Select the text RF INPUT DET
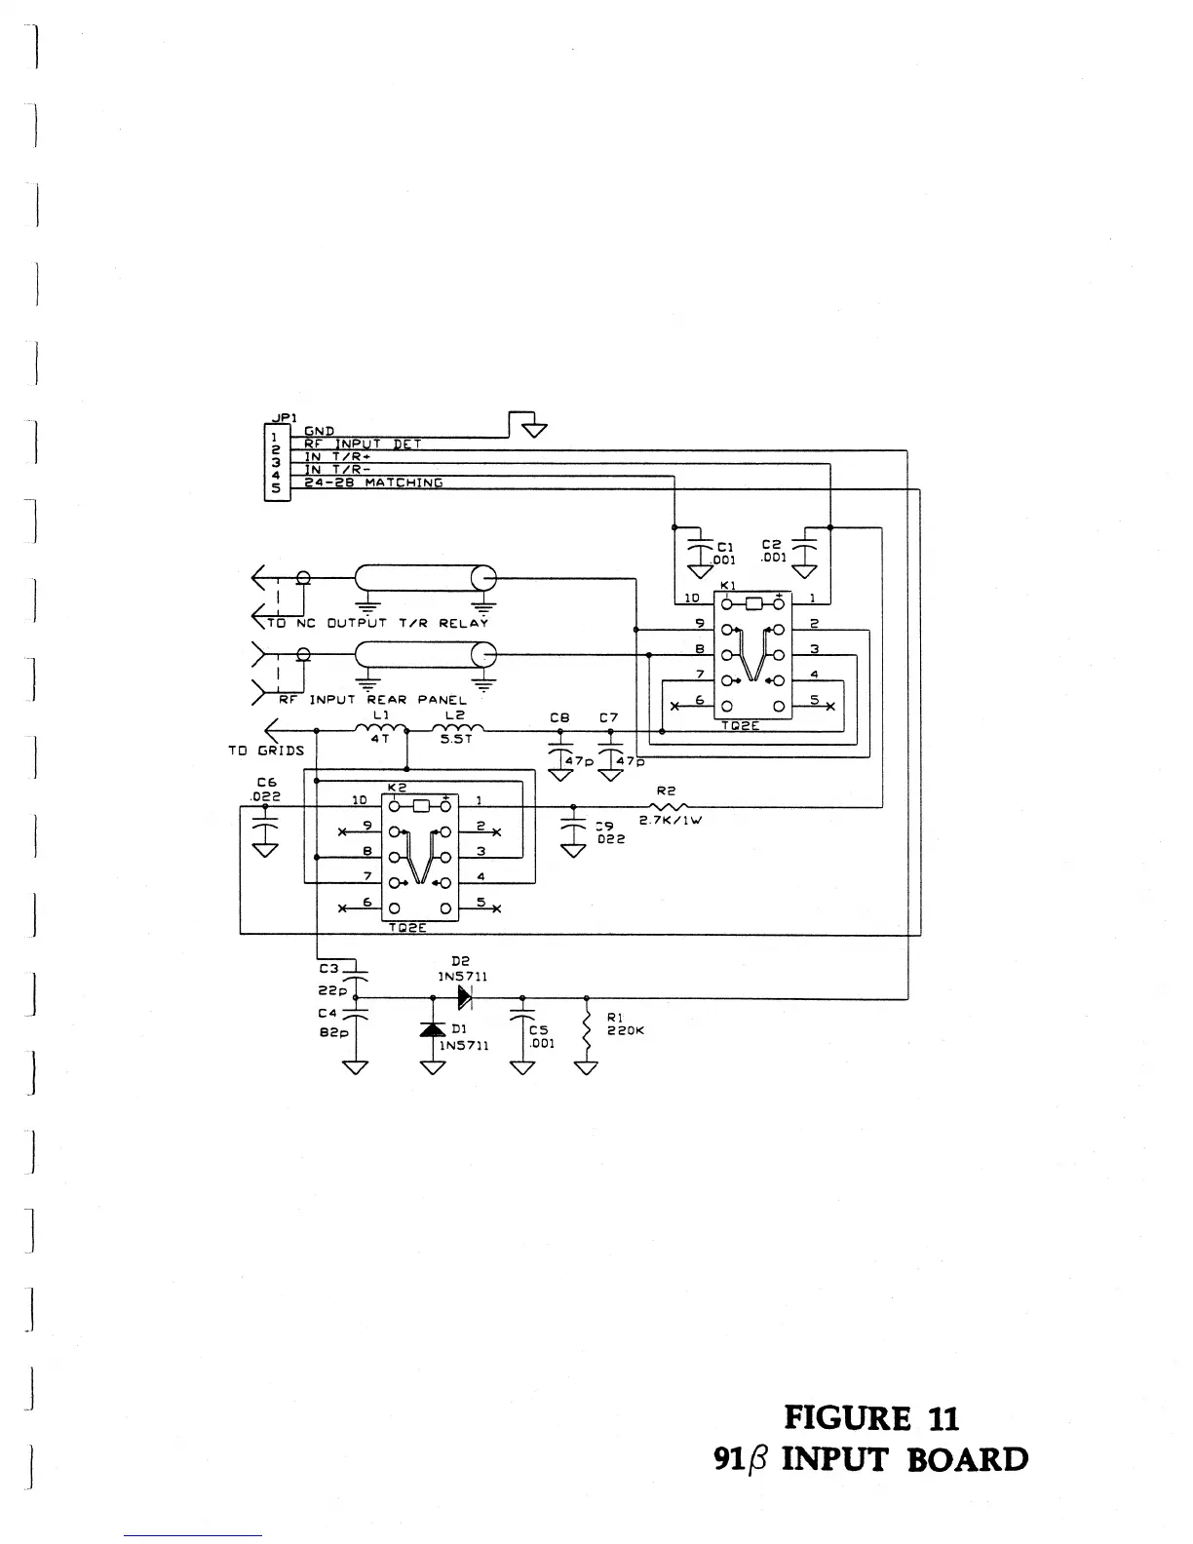pos(363,444)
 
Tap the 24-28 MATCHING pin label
pos(374,482)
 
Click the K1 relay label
pos(727,584)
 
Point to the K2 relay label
pos(396,786)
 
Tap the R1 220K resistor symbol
pos(586,1031)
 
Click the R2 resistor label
pos(667,791)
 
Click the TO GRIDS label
pos(266,751)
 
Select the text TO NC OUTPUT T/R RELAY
pos(378,623)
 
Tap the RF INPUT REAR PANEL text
pos(373,700)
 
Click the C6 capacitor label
pos(267,782)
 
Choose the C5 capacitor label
pos(538,1029)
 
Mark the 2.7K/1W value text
pos(671,820)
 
